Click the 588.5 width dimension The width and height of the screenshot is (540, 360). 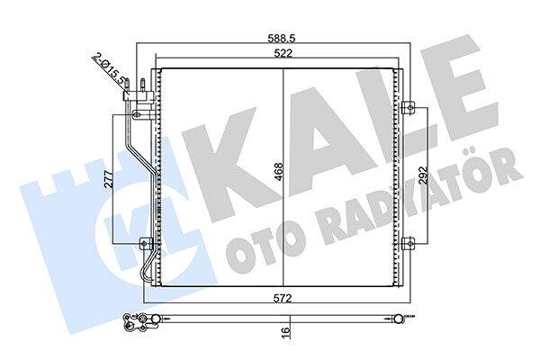click(x=282, y=38)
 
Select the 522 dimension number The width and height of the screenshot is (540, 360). click(x=283, y=53)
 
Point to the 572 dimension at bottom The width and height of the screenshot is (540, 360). click(x=283, y=297)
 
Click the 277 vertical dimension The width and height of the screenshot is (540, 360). click(x=109, y=178)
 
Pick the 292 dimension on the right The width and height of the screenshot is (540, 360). click(x=423, y=175)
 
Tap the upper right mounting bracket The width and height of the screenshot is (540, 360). click(x=409, y=107)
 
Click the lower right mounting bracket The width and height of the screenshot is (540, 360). click(x=409, y=244)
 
